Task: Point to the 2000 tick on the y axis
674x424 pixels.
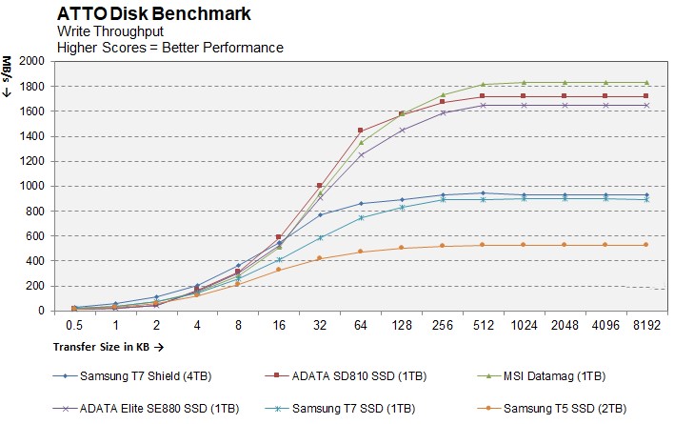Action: [x=32, y=61]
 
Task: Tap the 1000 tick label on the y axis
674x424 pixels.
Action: [x=32, y=186]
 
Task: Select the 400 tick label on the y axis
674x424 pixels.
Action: [x=36, y=261]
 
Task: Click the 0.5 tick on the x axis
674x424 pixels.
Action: [x=74, y=324]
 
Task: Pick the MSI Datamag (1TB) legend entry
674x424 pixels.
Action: [x=555, y=376]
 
